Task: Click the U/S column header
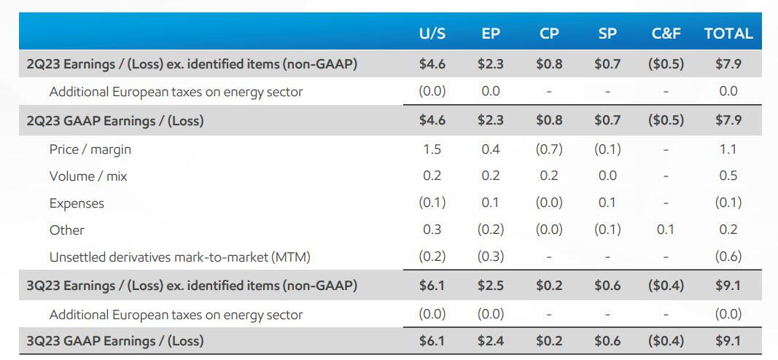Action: [432, 34]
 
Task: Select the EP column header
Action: [491, 34]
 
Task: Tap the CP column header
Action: [549, 34]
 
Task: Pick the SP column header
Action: [607, 34]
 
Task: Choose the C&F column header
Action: [666, 34]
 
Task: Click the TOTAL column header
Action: [728, 34]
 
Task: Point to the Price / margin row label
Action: [90, 149]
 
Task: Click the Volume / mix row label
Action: [88, 176]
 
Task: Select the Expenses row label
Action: [77, 203]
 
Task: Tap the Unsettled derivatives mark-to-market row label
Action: [185, 257]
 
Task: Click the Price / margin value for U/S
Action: [432, 149]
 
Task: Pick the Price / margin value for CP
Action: [549, 149]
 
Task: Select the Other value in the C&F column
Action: [666, 230]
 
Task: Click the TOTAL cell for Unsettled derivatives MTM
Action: [728, 257]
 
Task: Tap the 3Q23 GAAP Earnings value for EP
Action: [491, 340]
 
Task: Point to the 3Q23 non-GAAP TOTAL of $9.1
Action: [728, 286]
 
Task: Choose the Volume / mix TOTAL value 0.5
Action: [728, 176]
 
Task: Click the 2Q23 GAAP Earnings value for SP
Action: [607, 120]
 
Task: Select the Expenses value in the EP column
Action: [491, 203]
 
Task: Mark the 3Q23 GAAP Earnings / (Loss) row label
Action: [115, 340]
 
